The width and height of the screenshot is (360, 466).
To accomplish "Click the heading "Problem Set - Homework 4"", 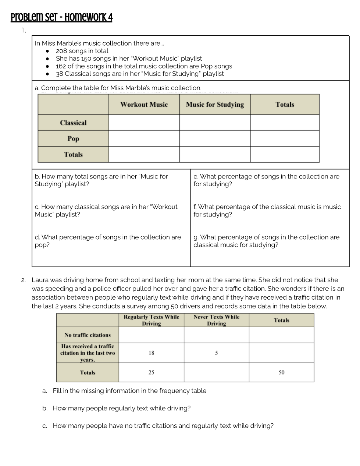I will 61,17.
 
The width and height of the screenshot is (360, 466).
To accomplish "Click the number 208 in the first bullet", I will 61,51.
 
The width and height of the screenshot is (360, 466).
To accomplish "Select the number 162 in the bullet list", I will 61,66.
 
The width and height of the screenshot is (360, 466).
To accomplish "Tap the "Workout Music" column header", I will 144,105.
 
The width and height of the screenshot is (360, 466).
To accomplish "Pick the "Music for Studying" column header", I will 215,105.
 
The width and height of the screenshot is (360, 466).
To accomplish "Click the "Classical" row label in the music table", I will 73,123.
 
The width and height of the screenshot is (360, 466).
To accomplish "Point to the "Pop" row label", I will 73,139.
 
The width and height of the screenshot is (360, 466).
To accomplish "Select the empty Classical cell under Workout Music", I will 144,123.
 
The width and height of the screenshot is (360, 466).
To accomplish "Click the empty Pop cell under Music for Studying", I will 215,139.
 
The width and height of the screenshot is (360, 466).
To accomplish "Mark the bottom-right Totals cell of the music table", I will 285,155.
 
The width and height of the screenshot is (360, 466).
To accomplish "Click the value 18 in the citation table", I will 151,353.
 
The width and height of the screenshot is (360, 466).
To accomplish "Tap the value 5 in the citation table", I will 216,353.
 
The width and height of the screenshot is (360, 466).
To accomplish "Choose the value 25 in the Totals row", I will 151,373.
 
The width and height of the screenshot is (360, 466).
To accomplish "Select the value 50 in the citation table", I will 281,373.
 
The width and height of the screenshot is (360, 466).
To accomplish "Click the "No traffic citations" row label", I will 88,335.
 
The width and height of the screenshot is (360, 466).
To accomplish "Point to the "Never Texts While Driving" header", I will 216,320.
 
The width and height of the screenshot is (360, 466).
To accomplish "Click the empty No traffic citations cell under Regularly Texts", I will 151,335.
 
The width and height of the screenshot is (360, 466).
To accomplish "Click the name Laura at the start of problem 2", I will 40,280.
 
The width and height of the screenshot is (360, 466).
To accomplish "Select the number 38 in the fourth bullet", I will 60,74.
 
